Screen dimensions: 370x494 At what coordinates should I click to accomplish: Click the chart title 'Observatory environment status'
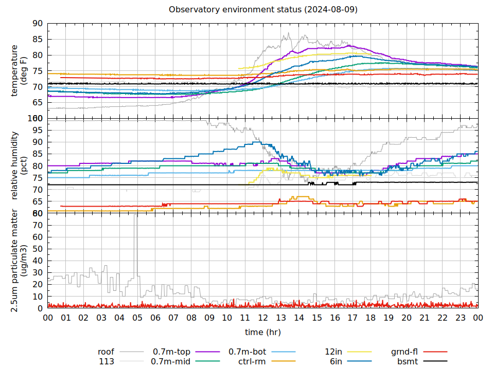point(263,10)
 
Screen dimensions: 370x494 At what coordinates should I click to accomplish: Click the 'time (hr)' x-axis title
point(262,332)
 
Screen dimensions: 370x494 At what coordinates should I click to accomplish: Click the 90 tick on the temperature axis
point(38,23)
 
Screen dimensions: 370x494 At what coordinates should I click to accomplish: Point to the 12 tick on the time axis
point(263,318)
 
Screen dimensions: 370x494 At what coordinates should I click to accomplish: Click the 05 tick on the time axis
point(137,318)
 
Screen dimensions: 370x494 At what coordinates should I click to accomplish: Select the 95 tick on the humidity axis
point(38,130)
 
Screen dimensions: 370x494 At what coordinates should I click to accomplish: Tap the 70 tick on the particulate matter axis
point(38,225)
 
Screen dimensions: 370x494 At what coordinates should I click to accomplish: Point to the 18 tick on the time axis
point(370,318)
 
